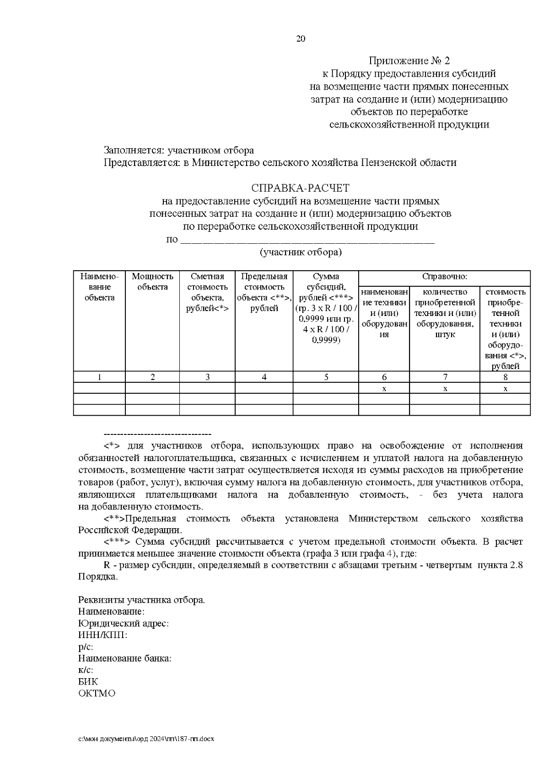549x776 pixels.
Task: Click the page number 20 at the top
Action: coord(301,39)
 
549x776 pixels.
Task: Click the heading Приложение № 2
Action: coord(409,61)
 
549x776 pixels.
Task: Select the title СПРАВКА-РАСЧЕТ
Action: coord(300,188)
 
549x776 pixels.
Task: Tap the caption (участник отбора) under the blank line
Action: coord(300,252)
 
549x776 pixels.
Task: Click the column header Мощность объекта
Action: coord(152,282)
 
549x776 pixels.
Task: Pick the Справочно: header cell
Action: coord(444,277)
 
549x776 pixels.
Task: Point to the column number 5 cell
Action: coord(326,377)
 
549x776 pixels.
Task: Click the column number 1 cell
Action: coord(99,377)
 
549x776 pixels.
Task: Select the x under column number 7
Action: coord(445,389)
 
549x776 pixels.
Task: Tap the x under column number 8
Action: coord(505,389)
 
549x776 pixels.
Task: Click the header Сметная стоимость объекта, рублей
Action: coord(207,292)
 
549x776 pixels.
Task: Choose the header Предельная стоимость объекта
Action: coord(264,292)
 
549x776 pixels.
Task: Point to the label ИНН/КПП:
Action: coord(102,635)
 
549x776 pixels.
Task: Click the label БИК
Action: coord(88,681)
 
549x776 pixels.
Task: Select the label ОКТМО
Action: coord(97,693)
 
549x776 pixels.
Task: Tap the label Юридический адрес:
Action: coord(124,624)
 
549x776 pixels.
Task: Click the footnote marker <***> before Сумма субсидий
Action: coord(118,542)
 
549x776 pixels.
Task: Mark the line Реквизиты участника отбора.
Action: coord(142,600)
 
